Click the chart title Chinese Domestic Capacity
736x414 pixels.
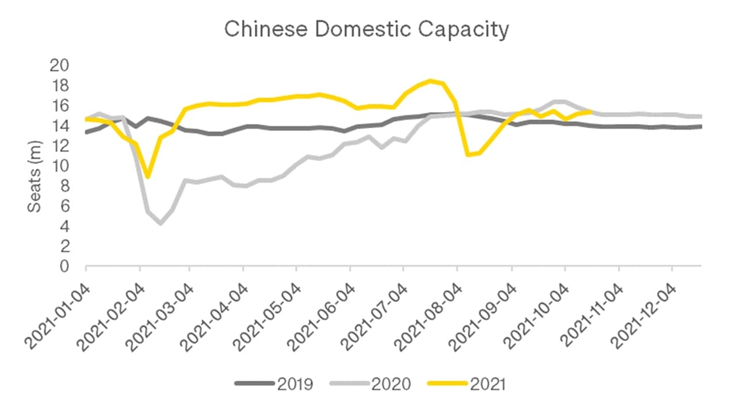[366, 29]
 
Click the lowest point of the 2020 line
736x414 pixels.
[160, 223]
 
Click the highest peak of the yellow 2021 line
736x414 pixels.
[430, 80]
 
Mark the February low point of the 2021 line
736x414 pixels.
[148, 177]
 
